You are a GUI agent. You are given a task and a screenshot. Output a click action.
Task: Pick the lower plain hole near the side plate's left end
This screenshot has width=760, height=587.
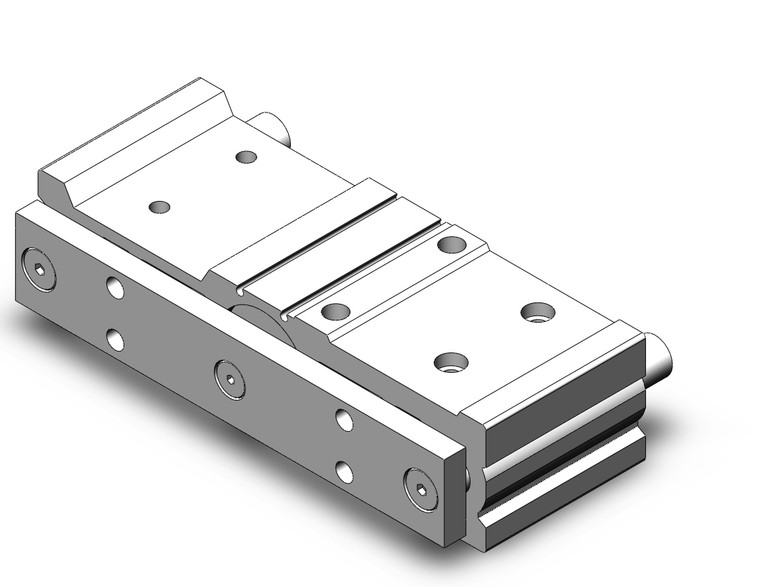[x=116, y=339]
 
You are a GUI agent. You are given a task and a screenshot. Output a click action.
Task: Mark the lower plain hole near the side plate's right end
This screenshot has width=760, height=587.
[x=345, y=470]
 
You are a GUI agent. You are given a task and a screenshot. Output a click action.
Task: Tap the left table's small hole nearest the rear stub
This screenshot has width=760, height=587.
[x=245, y=156]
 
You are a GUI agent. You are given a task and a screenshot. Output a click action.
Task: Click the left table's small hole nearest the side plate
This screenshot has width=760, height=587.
[x=158, y=207]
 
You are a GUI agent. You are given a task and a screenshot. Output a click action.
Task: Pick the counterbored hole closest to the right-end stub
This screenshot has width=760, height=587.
[x=537, y=311]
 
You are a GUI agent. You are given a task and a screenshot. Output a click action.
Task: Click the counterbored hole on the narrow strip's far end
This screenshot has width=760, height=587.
[x=449, y=243]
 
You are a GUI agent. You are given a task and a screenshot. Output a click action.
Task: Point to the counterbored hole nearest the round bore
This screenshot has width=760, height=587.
[x=335, y=311]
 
